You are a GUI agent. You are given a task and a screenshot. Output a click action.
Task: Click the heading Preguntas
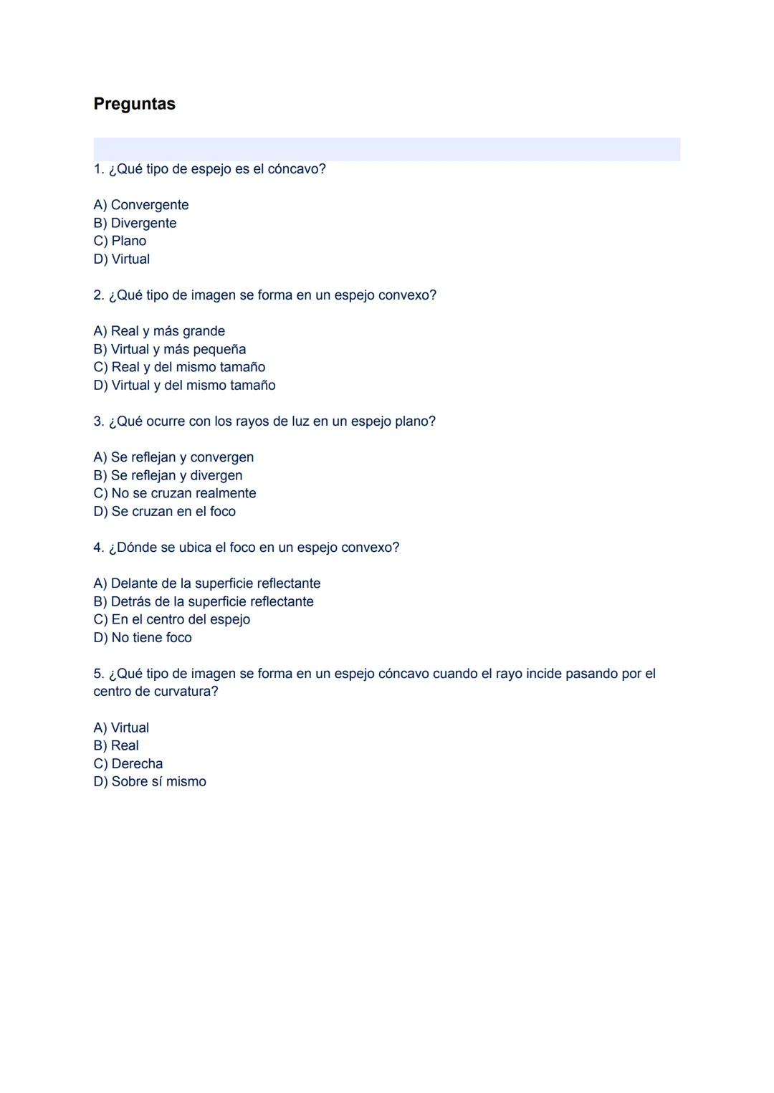[134, 104]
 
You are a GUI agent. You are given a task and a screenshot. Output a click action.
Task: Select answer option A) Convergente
[141, 205]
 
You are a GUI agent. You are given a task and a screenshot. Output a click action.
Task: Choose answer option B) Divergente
[135, 223]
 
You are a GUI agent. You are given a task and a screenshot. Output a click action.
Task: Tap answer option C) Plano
[120, 241]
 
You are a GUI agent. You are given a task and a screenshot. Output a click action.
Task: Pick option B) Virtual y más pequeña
[170, 349]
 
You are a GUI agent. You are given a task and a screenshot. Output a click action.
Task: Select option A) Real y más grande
[159, 331]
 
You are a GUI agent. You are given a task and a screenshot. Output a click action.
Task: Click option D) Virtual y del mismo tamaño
[184, 385]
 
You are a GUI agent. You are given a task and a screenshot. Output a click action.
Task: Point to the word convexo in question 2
[404, 295]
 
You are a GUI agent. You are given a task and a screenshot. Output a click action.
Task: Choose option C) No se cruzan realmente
[175, 493]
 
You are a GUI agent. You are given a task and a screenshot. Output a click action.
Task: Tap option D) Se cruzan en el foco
[164, 511]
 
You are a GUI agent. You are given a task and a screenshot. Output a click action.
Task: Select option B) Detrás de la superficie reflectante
[204, 601]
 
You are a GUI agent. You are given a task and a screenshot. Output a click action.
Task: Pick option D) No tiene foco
[143, 637]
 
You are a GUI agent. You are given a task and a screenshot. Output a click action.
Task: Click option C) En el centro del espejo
[172, 619]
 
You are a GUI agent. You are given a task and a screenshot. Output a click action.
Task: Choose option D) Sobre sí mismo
[150, 781]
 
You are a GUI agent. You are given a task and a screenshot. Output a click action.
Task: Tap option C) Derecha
[128, 763]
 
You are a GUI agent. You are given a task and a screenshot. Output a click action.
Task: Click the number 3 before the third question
[97, 421]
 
